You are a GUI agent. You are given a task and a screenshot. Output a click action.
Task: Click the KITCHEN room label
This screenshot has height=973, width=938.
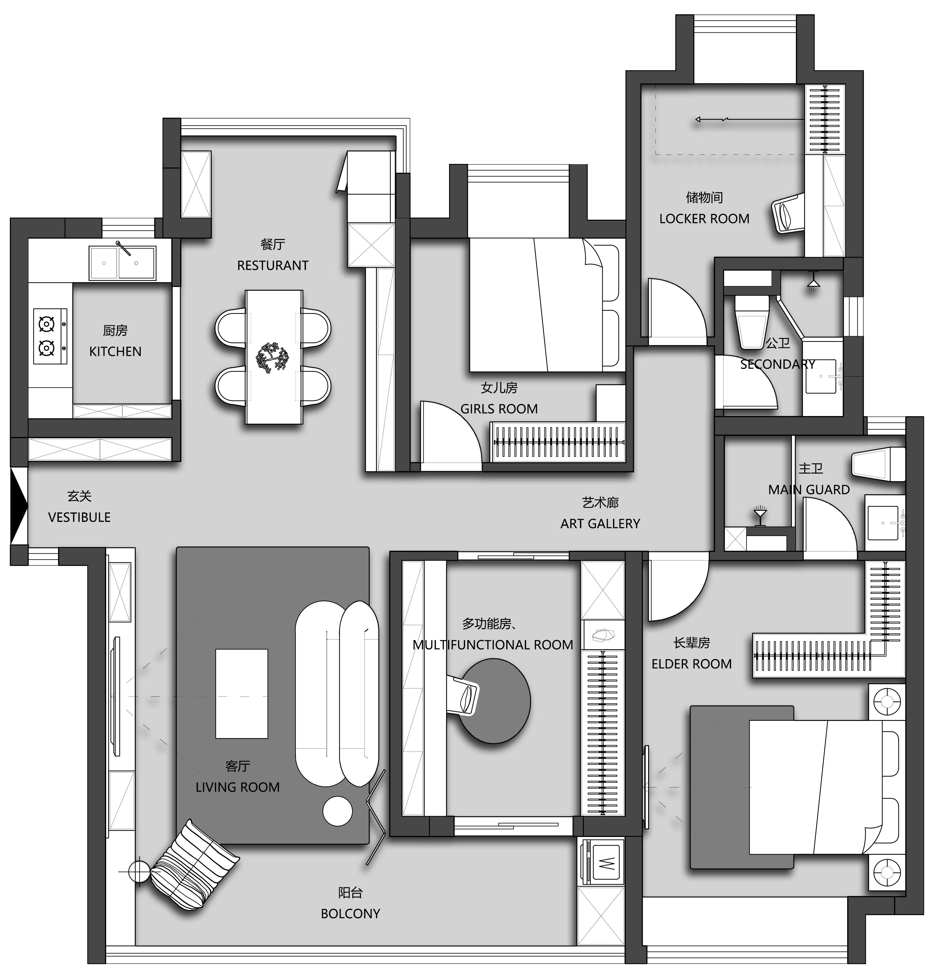115,351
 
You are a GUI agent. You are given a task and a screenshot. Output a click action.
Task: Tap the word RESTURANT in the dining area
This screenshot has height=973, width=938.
272,266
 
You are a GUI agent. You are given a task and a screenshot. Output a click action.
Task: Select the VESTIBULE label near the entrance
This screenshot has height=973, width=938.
79,517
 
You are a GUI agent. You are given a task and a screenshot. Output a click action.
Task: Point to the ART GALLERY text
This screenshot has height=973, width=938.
600,524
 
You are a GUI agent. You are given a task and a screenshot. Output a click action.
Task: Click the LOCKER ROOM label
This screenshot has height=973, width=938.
704,219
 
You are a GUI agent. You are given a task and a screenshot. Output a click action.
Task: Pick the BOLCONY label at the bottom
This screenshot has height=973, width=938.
351,913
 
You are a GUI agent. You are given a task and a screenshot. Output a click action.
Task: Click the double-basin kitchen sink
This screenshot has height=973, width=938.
122,263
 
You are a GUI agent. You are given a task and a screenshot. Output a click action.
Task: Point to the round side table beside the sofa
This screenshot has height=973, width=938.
338,811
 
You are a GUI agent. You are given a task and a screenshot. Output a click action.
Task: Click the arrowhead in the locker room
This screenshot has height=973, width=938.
699,119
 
